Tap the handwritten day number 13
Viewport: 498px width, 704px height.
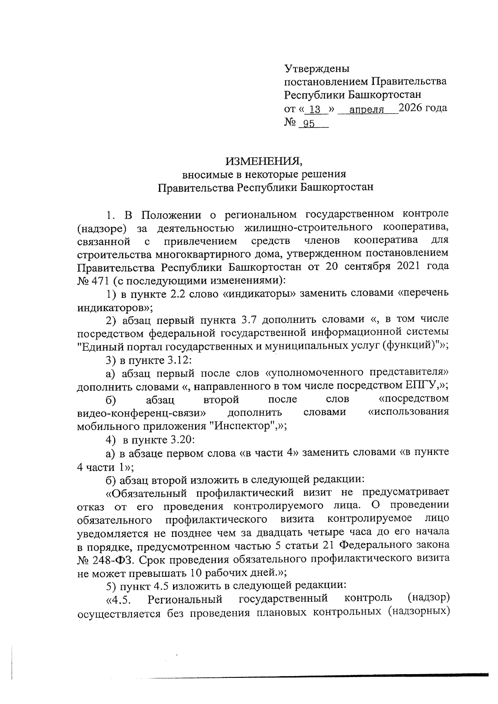coord(316,110)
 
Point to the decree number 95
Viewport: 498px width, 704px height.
coord(309,124)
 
